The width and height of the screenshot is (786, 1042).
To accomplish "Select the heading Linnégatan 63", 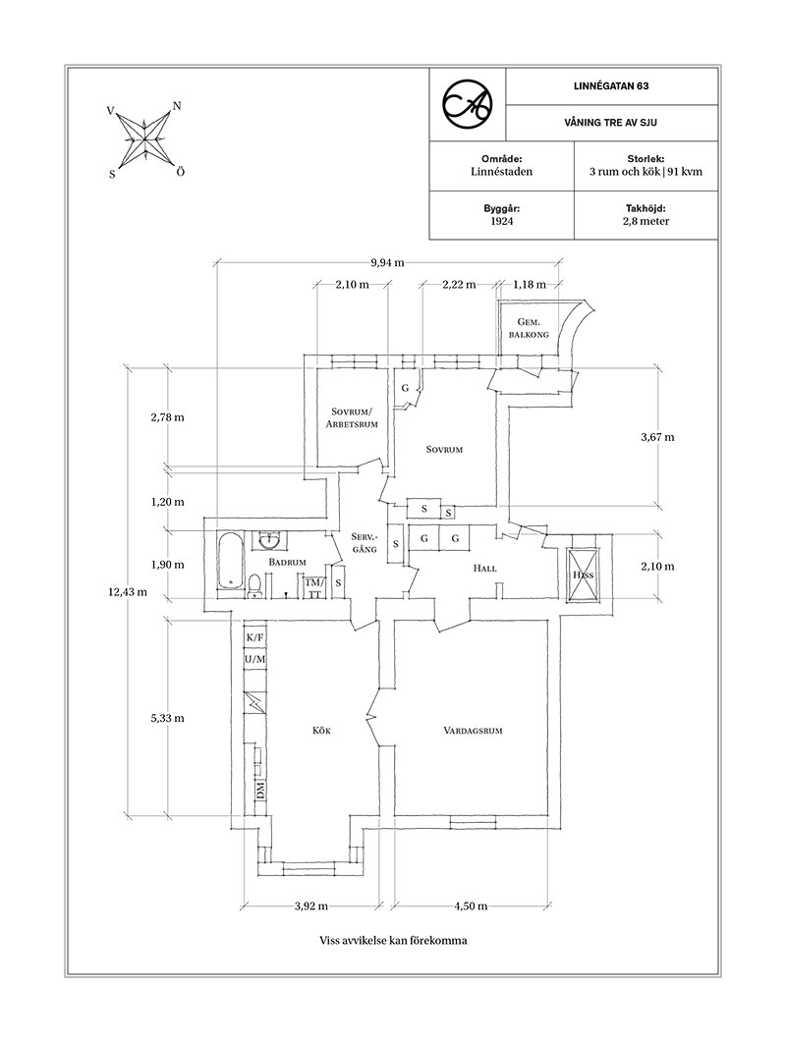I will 612,86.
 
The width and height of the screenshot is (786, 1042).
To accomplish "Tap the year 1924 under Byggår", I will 501,222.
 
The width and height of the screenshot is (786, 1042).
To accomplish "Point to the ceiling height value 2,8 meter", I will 646,222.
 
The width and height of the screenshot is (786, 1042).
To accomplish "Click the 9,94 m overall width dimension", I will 390,262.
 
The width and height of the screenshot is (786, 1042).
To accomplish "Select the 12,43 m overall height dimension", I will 128,591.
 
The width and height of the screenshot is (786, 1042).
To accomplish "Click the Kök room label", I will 323,730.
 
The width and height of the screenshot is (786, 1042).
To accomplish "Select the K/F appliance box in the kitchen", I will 255,636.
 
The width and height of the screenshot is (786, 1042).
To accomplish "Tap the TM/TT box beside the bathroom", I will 314,587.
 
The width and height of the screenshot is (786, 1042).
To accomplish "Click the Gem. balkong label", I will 524,328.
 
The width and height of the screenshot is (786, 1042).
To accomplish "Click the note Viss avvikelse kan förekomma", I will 392,940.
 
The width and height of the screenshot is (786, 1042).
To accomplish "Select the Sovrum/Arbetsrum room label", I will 349,417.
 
